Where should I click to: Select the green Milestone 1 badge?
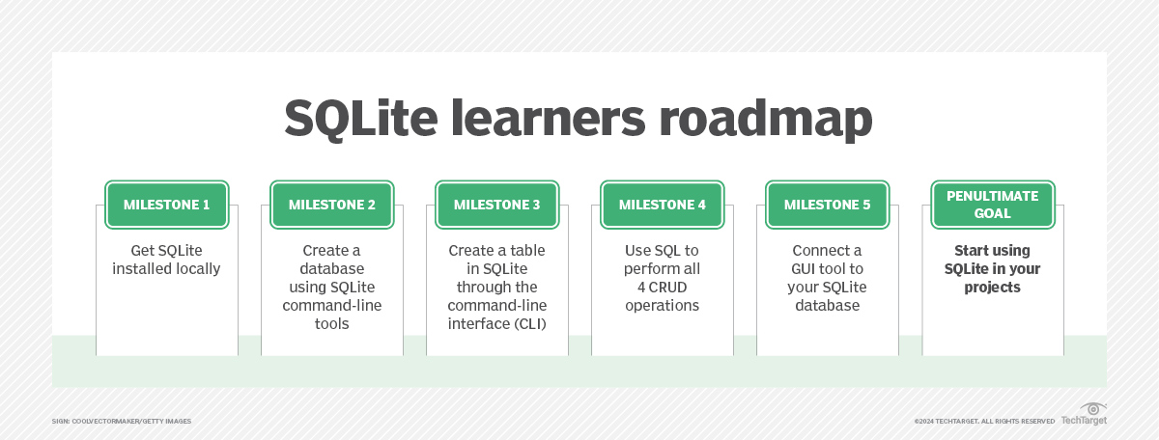pyautogui.click(x=167, y=205)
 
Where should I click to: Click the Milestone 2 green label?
pyautogui.click(x=332, y=205)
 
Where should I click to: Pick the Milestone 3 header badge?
pyautogui.click(x=497, y=205)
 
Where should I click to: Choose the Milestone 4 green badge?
pyautogui.click(x=662, y=205)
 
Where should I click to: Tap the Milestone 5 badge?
pyautogui.click(x=827, y=205)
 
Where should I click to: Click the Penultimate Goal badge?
pyautogui.click(x=992, y=205)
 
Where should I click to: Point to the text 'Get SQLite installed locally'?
pyautogui.click(x=167, y=260)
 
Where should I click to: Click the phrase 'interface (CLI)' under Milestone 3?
pyautogui.click(x=497, y=324)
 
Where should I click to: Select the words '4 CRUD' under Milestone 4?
pyautogui.click(x=662, y=288)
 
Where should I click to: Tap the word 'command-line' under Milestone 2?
pyautogui.click(x=332, y=306)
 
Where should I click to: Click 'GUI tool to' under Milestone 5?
pyautogui.click(x=827, y=269)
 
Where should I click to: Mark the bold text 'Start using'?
pyautogui.click(x=992, y=251)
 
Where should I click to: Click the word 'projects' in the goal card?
pyautogui.click(x=992, y=288)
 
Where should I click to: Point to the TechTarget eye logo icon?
pyautogui.click(x=1093, y=409)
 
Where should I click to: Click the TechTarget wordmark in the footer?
pyautogui.click(x=1084, y=421)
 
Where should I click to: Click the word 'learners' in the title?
pyautogui.click(x=542, y=120)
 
